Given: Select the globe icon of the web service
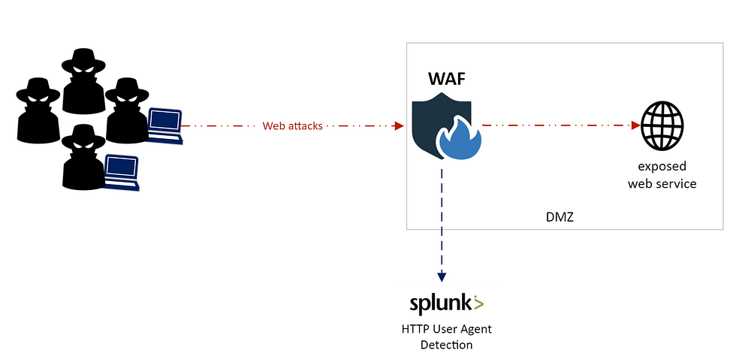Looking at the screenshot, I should [x=662, y=126].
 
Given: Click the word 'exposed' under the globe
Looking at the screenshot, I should [x=662, y=166].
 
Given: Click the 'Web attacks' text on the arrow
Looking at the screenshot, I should [x=292, y=126].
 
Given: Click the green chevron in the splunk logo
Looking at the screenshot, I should [x=478, y=303].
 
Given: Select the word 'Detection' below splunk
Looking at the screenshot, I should [x=447, y=345].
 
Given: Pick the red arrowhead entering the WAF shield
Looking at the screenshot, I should [x=400, y=126].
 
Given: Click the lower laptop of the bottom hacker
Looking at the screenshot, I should [x=121, y=172].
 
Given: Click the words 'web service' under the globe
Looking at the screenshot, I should [x=662, y=183].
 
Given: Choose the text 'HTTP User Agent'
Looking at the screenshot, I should [x=447, y=329].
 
